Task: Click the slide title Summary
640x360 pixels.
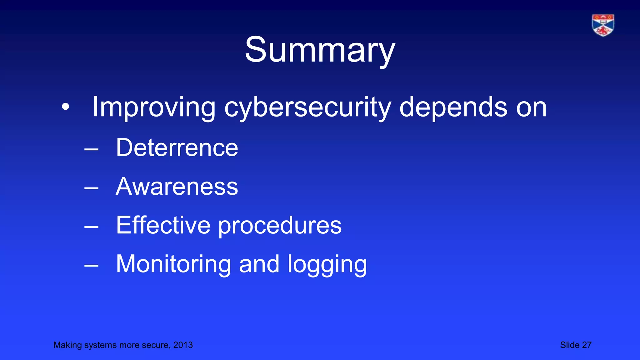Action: tap(320, 50)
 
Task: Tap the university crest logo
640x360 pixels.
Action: tap(603, 25)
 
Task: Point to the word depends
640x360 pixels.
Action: tap(453, 107)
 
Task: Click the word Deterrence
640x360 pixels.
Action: tap(177, 147)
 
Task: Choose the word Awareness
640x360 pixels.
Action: tap(177, 187)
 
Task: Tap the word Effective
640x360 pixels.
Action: tap(163, 225)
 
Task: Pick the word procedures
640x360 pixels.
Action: tap(280, 226)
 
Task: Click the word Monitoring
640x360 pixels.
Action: tap(173, 264)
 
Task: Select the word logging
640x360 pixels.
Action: tap(327, 265)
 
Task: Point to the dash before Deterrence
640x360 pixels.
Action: tap(91, 150)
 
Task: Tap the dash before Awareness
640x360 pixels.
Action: tap(91, 188)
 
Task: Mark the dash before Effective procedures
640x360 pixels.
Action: tap(91, 227)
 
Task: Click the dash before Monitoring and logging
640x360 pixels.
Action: tap(91, 266)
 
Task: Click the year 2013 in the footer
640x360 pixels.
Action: tap(183, 345)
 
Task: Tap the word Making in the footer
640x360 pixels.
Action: tap(63, 345)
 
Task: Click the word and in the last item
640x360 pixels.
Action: tap(259, 264)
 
